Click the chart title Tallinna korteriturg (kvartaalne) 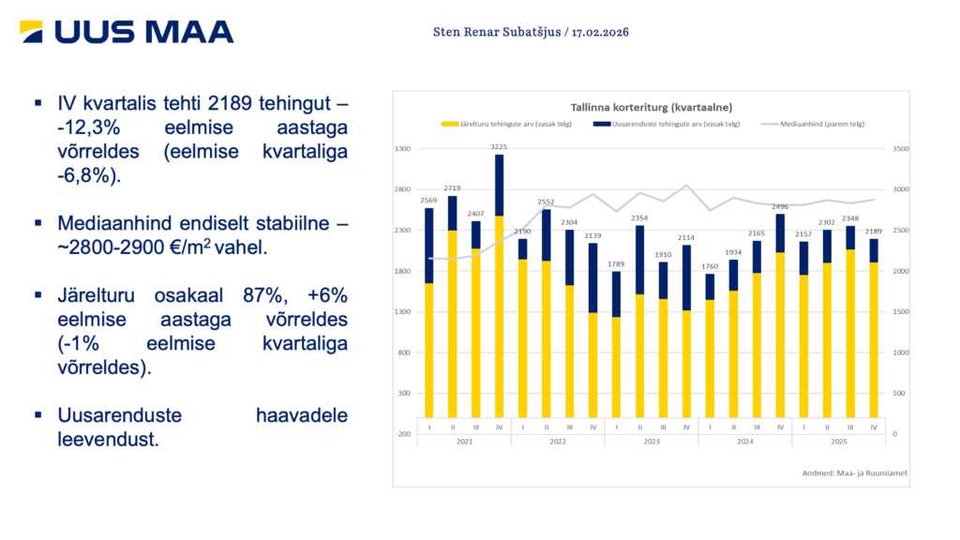pyautogui.click(x=652, y=107)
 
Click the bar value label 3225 pyautogui.click(x=500, y=146)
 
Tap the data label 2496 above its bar pyautogui.click(x=780, y=206)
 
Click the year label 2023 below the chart pyautogui.click(x=652, y=441)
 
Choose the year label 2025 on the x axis pyautogui.click(x=838, y=441)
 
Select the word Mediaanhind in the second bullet pyautogui.click(x=105, y=224)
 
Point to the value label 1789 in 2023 pyautogui.click(x=616, y=264)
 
